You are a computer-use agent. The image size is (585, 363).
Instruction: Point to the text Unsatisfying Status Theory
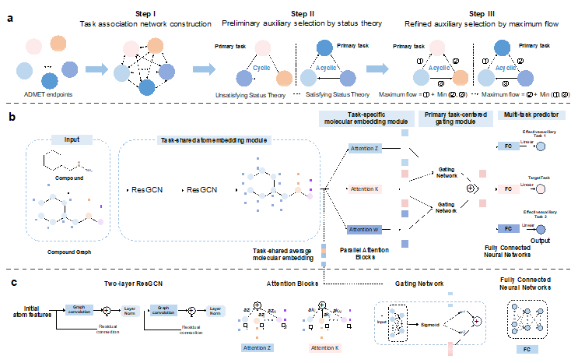tap(251, 94)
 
